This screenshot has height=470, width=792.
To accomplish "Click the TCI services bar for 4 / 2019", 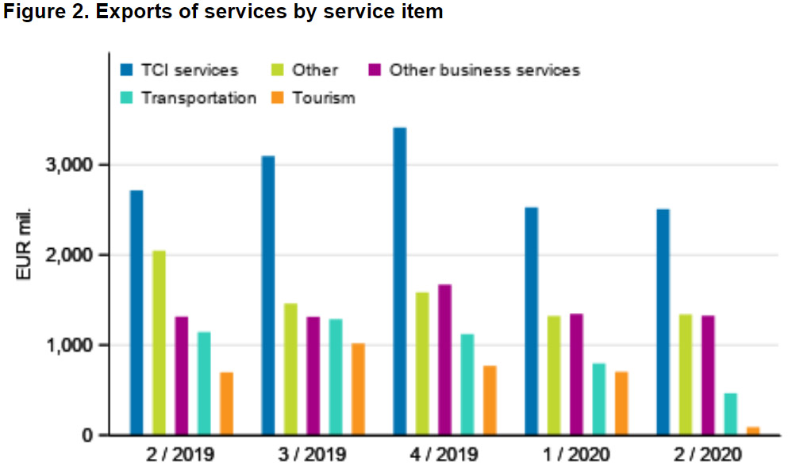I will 399,281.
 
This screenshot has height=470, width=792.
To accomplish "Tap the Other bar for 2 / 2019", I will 159,343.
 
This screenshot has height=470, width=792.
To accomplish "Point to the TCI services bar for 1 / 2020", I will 531,321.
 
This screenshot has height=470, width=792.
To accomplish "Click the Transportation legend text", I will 198,98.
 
